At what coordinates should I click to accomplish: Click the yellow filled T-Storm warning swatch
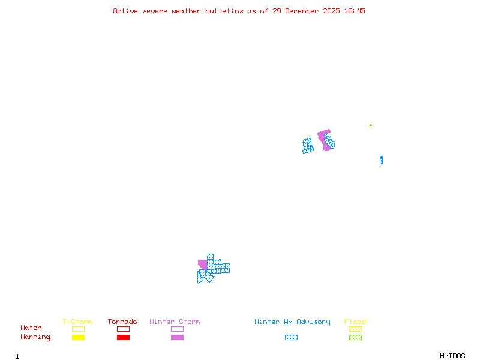click(x=78, y=338)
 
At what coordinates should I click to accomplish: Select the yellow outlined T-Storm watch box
click(x=78, y=329)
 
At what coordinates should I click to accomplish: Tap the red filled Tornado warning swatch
click(x=123, y=338)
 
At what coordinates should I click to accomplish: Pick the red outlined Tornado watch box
click(x=123, y=329)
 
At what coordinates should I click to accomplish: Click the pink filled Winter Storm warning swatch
click(x=177, y=338)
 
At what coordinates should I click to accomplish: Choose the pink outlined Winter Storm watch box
click(x=177, y=329)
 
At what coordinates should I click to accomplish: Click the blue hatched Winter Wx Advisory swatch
click(x=291, y=338)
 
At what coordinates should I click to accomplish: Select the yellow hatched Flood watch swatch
click(x=355, y=329)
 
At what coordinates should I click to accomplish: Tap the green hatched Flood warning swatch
click(x=355, y=338)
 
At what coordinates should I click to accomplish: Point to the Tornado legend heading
click(x=122, y=322)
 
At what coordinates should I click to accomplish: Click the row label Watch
click(x=31, y=328)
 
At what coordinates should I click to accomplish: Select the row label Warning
click(x=35, y=337)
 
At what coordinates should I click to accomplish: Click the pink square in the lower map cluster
click(x=203, y=264)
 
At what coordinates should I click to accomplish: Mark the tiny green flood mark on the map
click(x=370, y=125)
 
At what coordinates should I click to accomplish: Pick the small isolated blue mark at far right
click(x=382, y=160)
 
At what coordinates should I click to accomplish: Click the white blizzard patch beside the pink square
click(x=199, y=268)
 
